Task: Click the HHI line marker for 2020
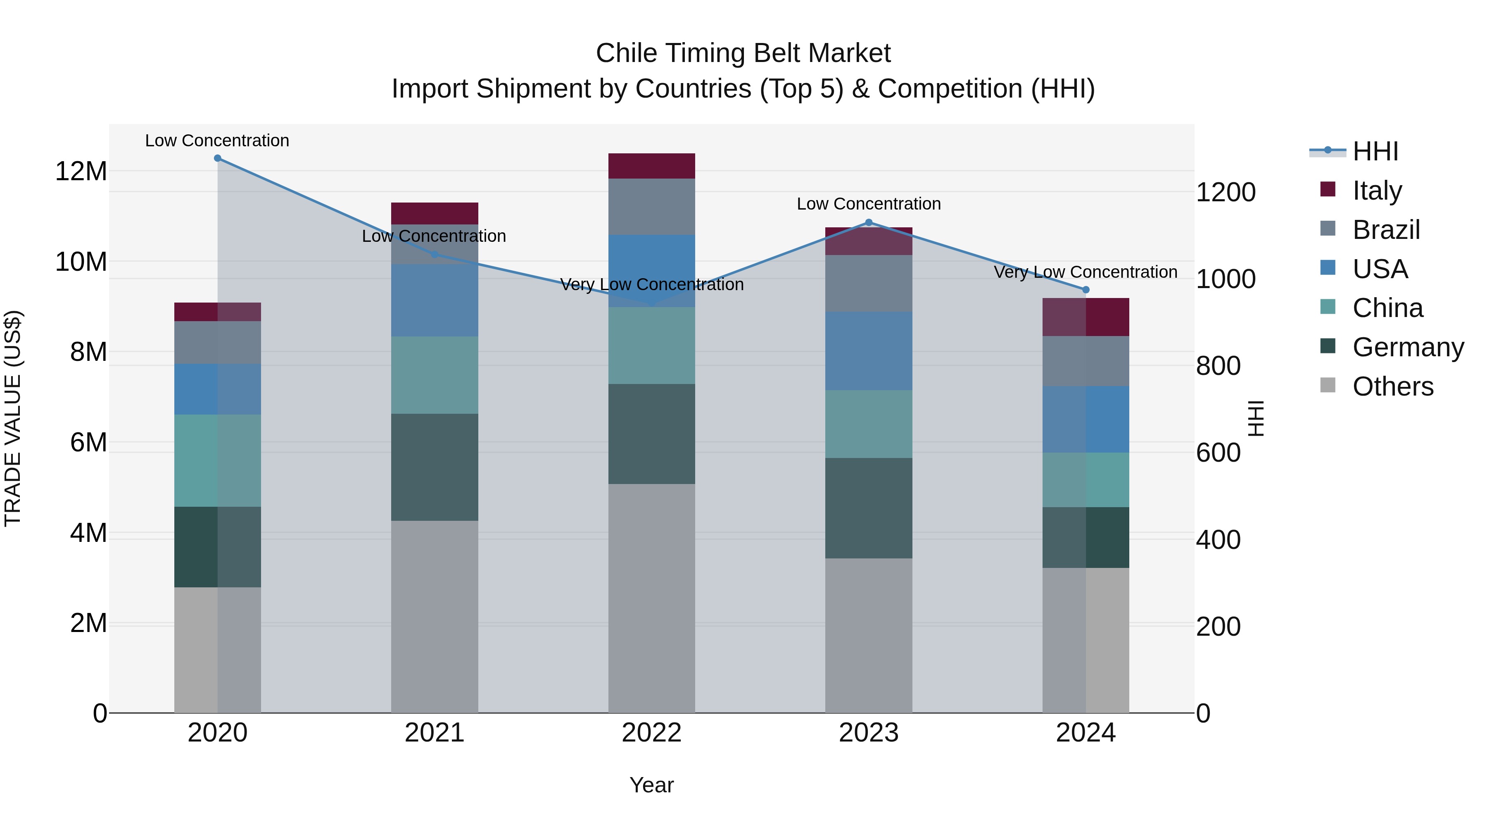(x=218, y=158)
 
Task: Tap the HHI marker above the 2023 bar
(x=869, y=222)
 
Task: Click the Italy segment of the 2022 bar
(x=652, y=166)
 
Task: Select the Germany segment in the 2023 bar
(x=869, y=508)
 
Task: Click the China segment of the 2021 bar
(x=435, y=375)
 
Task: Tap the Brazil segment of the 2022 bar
(x=652, y=207)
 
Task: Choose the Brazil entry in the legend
(x=1385, y=230)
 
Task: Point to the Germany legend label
(x=1408, y=347)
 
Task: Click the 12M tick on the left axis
(x=81, y=172)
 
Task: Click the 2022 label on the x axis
(x=652, y=733)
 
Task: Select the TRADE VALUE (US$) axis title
(x=13, y=418)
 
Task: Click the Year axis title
(x=652, y=785)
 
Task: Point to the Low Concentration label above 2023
(x=869, y=204)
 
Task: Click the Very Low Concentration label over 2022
(x=652, y=284)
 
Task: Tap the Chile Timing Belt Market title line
(x=743, y=53)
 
